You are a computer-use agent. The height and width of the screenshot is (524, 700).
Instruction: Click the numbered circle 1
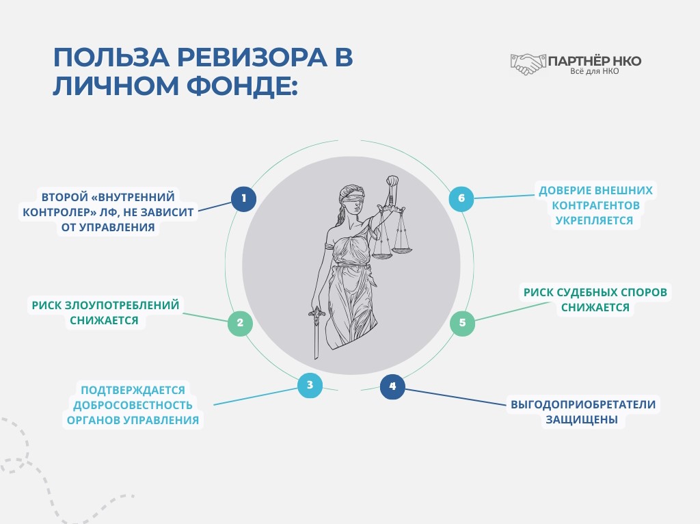243,199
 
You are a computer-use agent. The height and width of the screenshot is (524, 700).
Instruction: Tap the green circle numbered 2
239,324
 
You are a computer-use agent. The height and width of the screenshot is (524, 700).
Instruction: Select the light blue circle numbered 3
310,385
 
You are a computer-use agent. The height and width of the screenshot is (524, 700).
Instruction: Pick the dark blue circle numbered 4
392,387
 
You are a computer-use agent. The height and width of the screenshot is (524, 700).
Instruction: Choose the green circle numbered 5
462,323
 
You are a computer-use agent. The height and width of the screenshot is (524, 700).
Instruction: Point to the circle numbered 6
461,199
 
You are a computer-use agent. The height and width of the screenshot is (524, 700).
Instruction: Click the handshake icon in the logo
527,64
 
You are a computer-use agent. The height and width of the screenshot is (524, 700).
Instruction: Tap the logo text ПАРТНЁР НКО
595,61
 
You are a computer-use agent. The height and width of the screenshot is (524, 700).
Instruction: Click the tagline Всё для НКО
594,72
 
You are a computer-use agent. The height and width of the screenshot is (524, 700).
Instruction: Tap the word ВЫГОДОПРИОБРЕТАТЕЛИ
583,404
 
